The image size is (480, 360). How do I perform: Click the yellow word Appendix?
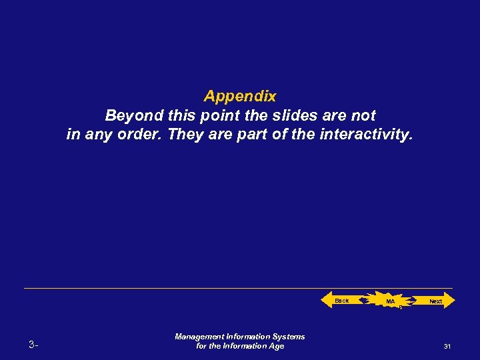(x=240, y=96)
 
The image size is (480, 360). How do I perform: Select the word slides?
(x=288, y=115)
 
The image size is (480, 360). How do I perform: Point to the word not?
(x=363, y=115)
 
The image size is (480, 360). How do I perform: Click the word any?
(x=99, y=135)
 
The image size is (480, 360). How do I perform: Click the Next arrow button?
(x=435, y=301)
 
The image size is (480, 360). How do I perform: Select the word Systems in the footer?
(x=288, y=337)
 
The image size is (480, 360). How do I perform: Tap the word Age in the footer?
(x=276, y=346)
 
